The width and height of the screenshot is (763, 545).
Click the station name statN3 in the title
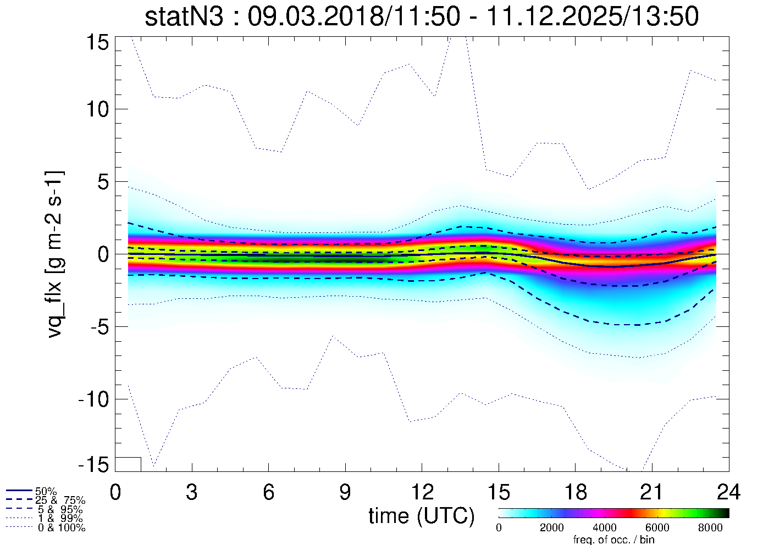184,16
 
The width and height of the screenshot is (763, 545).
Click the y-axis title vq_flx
56,253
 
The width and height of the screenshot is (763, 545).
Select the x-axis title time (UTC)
422,516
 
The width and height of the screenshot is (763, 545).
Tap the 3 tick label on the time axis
192,492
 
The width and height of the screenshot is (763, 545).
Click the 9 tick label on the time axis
345,492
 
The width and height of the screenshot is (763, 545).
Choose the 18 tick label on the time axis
575,492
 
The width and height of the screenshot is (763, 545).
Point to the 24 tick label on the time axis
728,492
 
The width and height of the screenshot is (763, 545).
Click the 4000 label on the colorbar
604,528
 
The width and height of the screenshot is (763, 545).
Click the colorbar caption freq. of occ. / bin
613,540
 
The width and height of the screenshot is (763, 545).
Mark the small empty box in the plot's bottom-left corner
129,464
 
